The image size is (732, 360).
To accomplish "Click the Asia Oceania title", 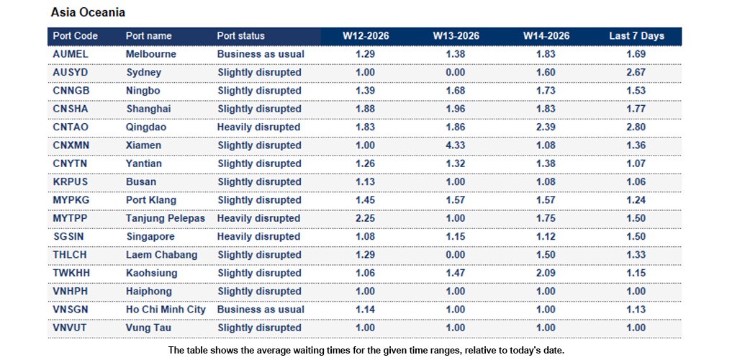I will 88,13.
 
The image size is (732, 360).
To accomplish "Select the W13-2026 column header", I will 456,36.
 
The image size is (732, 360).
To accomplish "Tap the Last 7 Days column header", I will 636,36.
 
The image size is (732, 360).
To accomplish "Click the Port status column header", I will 240,36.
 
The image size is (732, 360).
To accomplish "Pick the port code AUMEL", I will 70,54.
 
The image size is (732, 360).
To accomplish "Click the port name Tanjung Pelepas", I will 165,218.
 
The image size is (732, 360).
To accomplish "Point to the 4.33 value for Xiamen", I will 456,145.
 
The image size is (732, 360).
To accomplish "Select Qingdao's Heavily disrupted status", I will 258,127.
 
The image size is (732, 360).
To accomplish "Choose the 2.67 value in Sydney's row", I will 636,73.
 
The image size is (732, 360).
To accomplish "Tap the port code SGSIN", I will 68,237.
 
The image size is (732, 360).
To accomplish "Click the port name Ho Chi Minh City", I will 166,310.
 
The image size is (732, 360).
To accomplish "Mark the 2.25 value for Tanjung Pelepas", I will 366,218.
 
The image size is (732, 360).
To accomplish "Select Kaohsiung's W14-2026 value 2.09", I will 546,273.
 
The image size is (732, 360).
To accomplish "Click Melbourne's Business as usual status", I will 261,54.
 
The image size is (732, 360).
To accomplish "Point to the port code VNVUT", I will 70,328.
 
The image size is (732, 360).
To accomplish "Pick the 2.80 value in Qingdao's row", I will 636,127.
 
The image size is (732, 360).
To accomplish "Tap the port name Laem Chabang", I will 161,255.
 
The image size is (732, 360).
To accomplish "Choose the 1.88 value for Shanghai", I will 366,109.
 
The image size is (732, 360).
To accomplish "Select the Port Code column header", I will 76,36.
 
